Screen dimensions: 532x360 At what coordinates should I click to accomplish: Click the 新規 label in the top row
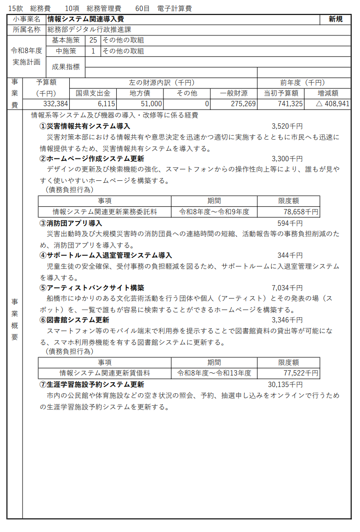[x=336, y=19]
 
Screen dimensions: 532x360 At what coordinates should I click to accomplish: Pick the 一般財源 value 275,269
[x=242, y=104]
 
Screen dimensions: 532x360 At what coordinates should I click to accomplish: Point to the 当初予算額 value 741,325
[x=289, y=104]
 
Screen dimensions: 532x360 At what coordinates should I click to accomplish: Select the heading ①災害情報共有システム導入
[x=85, y=126]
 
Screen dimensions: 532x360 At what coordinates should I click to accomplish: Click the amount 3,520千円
[x=287, y=126]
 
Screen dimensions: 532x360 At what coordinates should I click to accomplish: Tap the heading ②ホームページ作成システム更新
[x=91, y=159]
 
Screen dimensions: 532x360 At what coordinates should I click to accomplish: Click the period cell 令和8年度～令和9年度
[x=214, y=211]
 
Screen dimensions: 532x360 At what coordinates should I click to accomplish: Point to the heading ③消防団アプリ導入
[x=71, y=223]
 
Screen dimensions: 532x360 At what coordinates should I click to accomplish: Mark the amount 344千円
[x=290, y=255]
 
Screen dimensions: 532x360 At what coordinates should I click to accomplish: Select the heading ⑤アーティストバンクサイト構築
[x=91, y=288]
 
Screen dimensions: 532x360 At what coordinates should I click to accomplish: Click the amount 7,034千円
[x=287, y=288]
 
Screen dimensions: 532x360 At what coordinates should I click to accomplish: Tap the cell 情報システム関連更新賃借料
[x=105, y=373]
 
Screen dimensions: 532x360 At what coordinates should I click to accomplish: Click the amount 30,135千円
[x=285, y=385]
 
